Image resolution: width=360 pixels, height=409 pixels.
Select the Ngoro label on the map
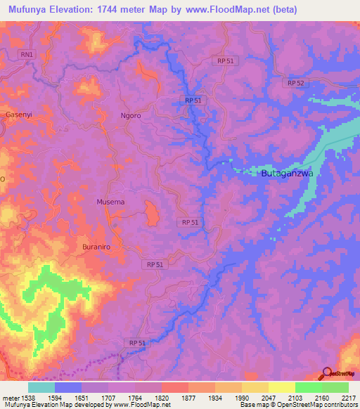click(x=131, y=115)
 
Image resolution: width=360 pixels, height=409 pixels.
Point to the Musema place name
click(x=110, y=202)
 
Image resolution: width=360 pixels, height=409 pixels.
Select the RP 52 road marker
click(x=295, y=83)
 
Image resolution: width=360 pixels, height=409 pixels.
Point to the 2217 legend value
click(x=349, y=398)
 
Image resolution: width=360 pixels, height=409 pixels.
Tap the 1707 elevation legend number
click(x=109, y=398)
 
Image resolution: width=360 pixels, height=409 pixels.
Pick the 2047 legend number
click(x=269, y=398)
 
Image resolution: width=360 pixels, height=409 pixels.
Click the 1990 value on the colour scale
click(x=242, y=398)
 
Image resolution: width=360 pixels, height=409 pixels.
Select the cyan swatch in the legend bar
click(x=41, y=387)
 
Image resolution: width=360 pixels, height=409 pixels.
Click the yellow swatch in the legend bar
click(x=281, y=387)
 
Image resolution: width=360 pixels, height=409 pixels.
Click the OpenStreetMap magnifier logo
click(x=327, y=374)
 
